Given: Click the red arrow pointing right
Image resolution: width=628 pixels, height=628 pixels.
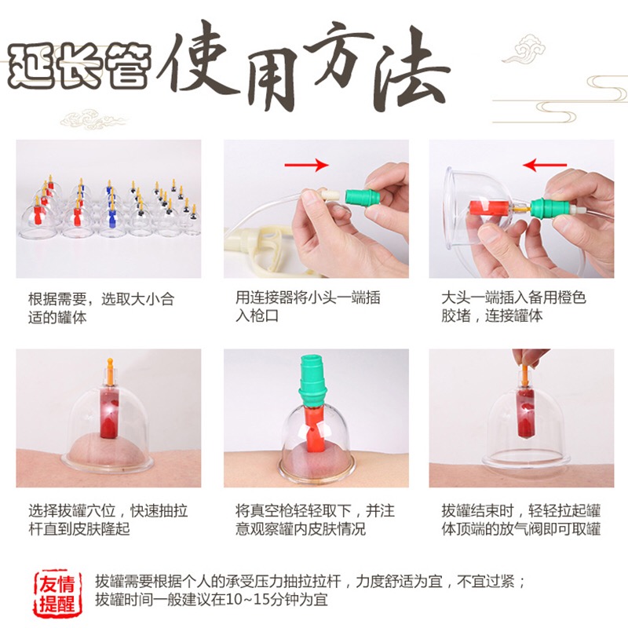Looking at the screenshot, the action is tap(306, 165).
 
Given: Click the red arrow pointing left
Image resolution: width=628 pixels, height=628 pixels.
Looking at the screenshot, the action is tap(545, 165).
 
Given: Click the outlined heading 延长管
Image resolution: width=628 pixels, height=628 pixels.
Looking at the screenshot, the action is tap(79, 65).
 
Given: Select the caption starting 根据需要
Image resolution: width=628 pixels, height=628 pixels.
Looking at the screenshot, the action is tap(101, 308).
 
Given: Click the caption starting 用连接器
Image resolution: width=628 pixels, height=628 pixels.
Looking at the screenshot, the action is tap(308, 307).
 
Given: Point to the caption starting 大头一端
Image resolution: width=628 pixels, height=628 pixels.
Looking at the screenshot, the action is tap(513, 307).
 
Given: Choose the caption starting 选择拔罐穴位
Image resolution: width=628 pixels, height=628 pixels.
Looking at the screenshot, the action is tap(108, 520).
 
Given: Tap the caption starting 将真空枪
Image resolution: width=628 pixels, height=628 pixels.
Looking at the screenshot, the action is tap(315, 520).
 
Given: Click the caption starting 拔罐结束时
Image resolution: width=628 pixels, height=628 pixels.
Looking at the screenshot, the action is tap(521, 520).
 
